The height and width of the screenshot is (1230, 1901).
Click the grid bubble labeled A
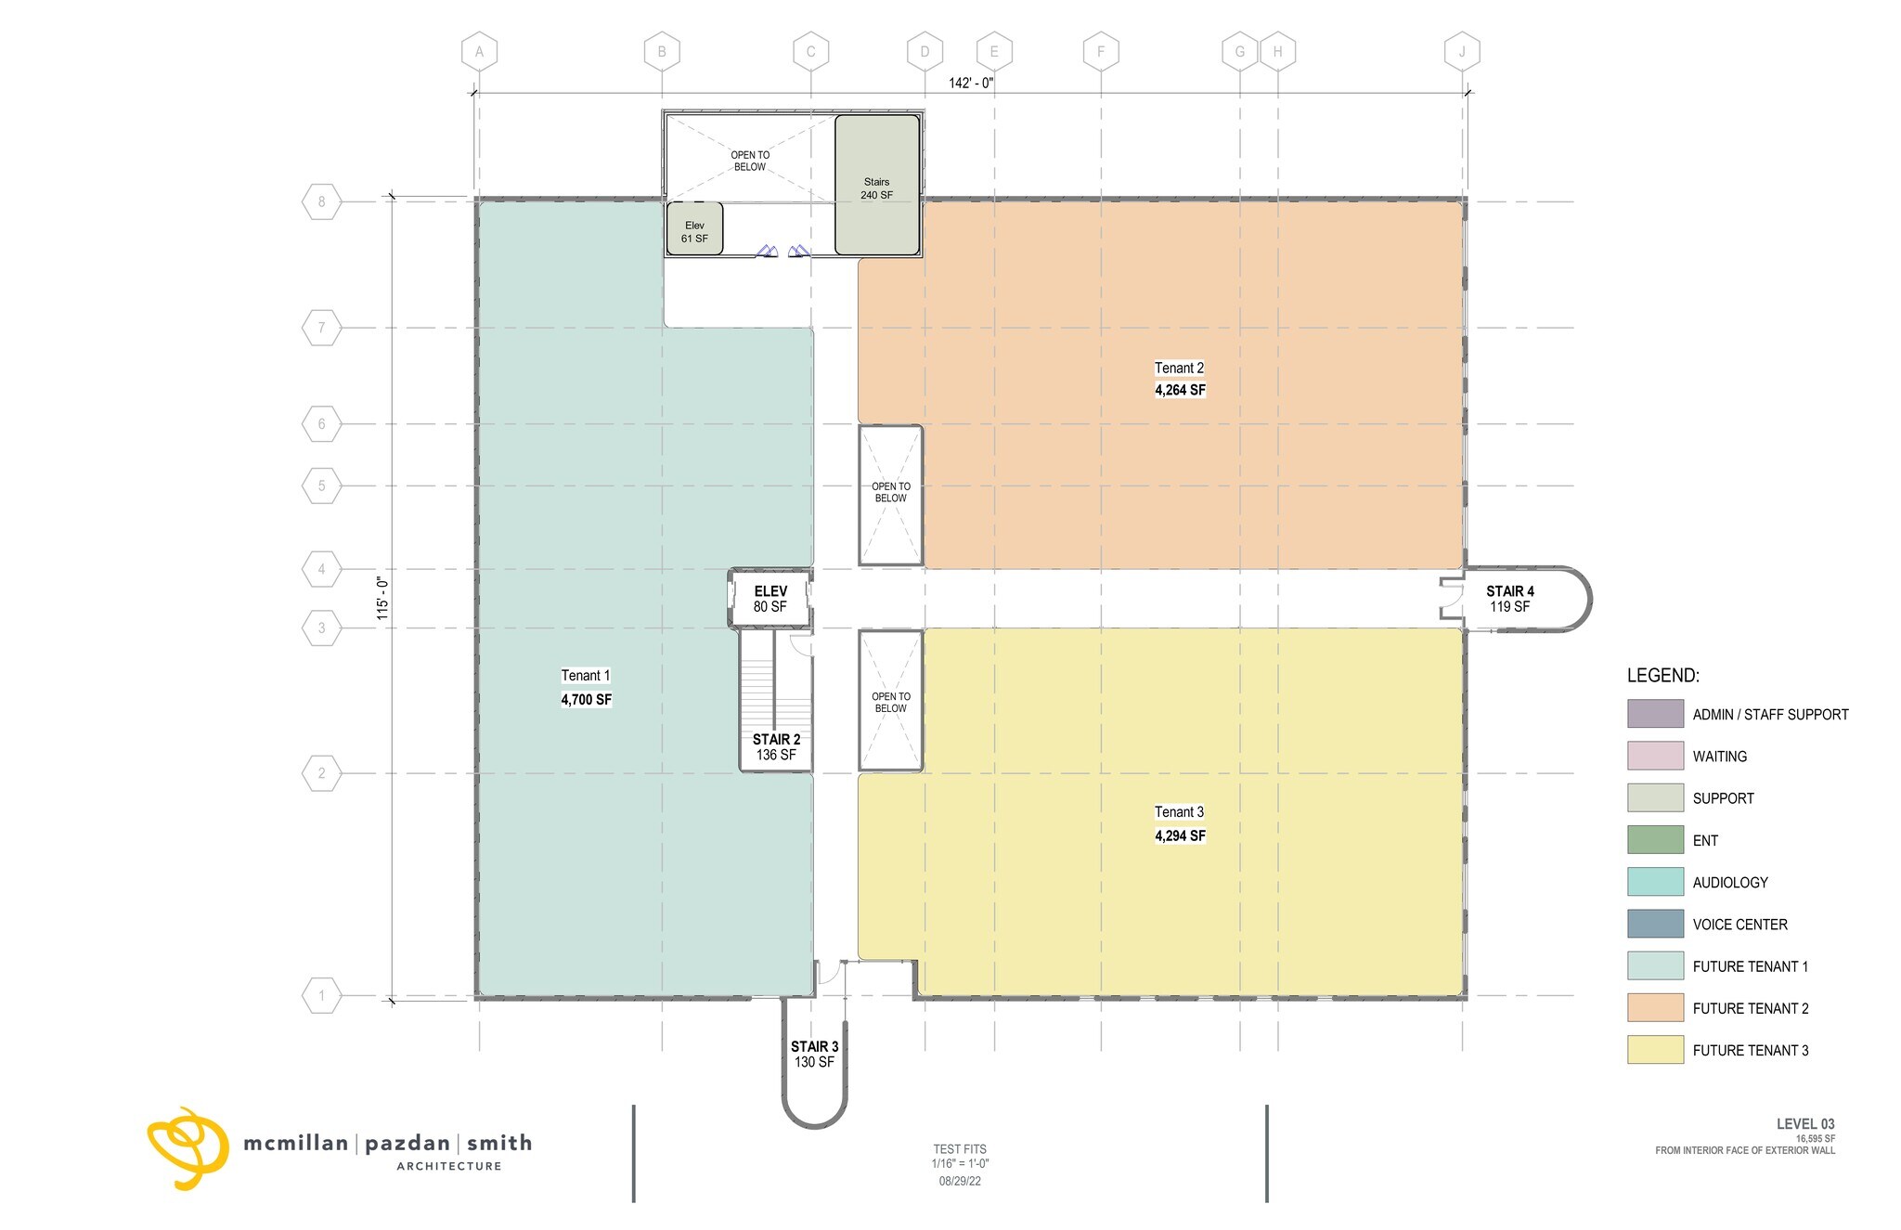[479, 52]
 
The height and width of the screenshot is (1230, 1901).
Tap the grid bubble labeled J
[1462, 52]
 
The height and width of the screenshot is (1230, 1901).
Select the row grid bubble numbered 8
[322, 201]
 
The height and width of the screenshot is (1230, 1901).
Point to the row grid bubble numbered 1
[322, 996]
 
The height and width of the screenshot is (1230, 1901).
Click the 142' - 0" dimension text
[971, 83]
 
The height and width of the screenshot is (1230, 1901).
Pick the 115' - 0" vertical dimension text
[381, 599]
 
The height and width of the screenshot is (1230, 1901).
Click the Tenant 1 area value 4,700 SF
[586, 700]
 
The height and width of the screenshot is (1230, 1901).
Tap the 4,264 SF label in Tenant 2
[1180, 390]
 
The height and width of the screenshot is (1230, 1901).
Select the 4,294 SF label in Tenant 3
[1180, 835]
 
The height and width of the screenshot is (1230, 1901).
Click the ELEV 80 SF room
[770, 599]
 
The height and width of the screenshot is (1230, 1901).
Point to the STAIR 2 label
[777, 740]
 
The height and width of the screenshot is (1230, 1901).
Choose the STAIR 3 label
[815, 1046]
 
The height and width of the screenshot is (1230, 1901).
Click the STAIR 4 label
[1510, 591]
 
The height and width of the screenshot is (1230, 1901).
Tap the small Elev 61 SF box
[694, 229]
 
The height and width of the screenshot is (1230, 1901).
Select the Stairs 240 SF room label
[876, 188]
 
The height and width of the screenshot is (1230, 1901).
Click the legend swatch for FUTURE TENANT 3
[1655, 1050]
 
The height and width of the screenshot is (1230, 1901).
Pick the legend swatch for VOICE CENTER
[1655, 924]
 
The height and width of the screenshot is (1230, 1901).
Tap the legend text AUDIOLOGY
[1730, 883]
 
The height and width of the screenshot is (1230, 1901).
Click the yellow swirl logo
[188, 1148]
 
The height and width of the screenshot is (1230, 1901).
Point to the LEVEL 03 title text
[1805, 1124]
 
